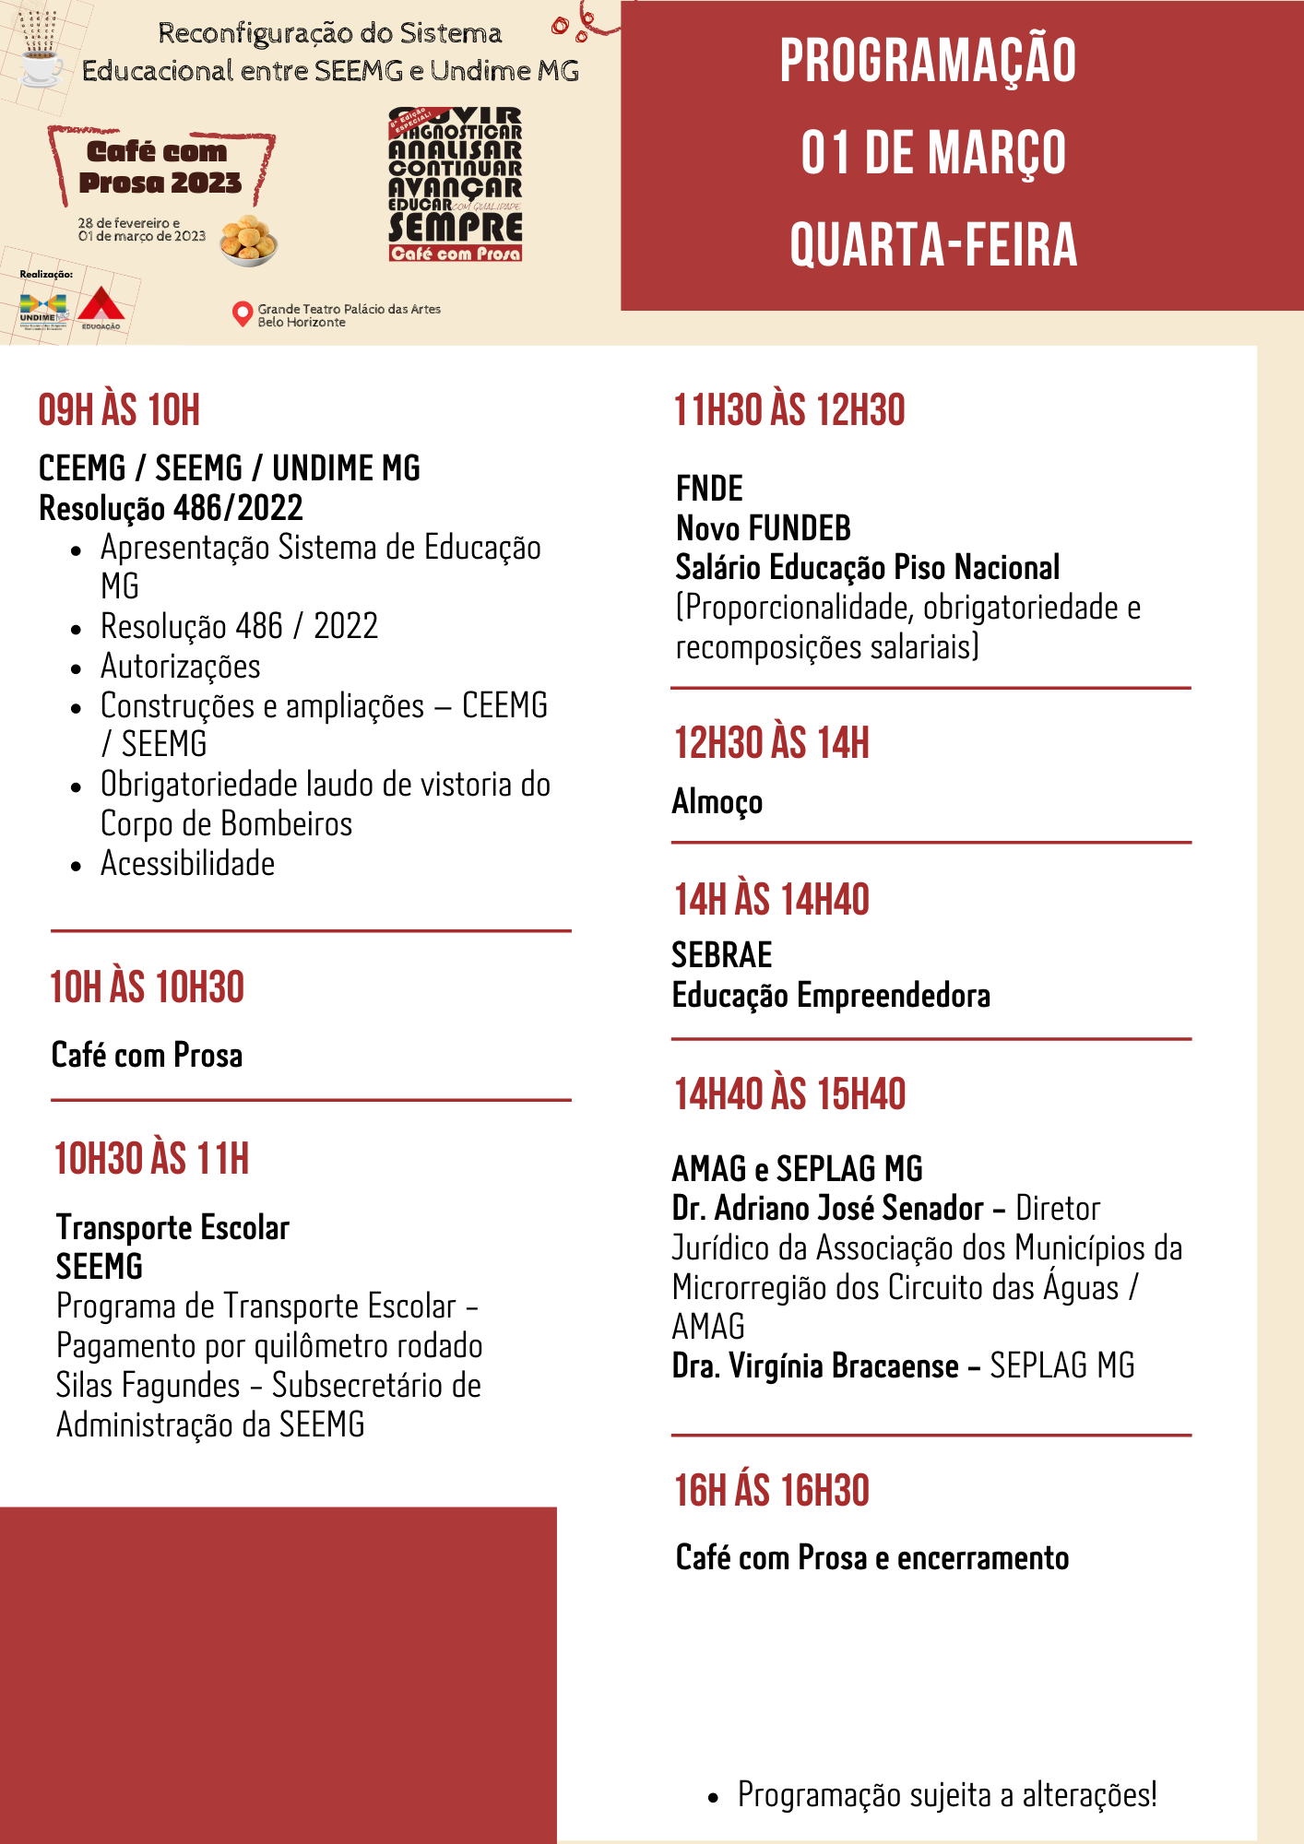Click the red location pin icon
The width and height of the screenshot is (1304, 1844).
pos(242,313)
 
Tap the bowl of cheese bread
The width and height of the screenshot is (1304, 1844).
pos(248,241)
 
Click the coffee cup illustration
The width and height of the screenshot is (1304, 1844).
pos(41,66)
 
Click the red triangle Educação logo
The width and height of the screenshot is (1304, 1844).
pos(101,308)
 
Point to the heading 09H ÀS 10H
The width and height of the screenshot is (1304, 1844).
pos(119,410)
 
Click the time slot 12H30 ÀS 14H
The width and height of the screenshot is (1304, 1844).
pos(771,743)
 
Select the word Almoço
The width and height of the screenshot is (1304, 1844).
pos(717,801)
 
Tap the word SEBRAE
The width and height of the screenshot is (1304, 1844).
pos(721,955)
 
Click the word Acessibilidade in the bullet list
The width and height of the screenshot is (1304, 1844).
pos(187,864)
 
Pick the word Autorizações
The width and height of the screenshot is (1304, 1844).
pos(181,666)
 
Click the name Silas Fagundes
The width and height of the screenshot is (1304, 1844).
pos(148,1386)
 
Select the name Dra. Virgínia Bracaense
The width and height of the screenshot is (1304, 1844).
pos(815,1365)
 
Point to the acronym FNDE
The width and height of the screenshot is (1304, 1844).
pos(709,488)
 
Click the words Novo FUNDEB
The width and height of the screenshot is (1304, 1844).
pos(763,528)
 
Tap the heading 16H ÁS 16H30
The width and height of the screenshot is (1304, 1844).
pos(771,1491)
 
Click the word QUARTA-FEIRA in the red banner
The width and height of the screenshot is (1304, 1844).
pos(933,244)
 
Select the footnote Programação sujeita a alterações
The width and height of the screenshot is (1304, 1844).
pos(946,1795)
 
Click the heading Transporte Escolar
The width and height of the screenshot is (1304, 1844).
pos(172,1227)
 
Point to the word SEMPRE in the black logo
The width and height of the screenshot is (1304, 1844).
pos(456,227)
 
